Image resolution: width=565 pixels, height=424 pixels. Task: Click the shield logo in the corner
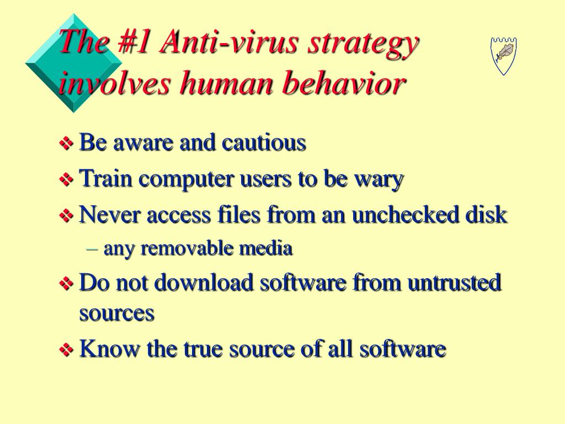pyautogui.click(x=503, y=56)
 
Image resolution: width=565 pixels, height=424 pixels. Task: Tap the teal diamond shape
pyautogui.click(x=74, y=63)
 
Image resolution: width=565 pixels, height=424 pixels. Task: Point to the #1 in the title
pyautogui.click(x=133, y=41)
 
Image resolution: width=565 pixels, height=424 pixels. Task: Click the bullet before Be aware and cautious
pyautogui.click(x=66, y=143)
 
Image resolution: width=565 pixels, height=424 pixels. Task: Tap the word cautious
pyautogui.click(x=264, y=142)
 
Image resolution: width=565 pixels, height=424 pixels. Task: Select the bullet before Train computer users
pyautogui.click(x=66, y=179)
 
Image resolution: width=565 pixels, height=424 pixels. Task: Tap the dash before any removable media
pyautogui.click(x=92, y=249)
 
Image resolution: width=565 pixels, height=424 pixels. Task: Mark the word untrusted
pyautogui.click(x=454, y=282)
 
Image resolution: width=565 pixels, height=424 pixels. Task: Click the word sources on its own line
pyautogui.click(x=117, y=313)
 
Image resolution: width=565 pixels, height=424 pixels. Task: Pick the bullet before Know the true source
pyautogui.click(x=66, y=349)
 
